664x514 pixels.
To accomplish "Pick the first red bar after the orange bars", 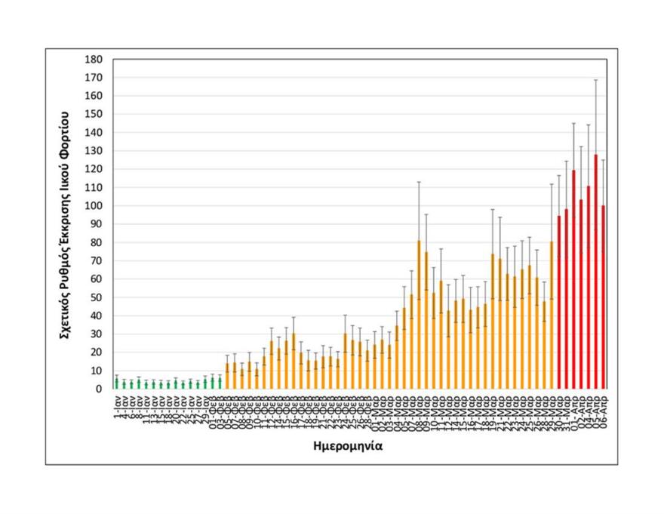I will (559, 302).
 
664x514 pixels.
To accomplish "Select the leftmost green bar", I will (116, 383).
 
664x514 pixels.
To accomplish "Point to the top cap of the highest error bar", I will (596, 80).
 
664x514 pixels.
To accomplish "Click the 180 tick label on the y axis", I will (94, 60).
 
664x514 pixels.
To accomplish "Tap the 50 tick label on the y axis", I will (97, 297).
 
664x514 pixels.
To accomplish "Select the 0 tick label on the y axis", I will (100, 389).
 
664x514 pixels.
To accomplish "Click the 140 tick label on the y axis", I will (94, 133).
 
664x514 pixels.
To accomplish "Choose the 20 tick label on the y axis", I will (97, 352).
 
